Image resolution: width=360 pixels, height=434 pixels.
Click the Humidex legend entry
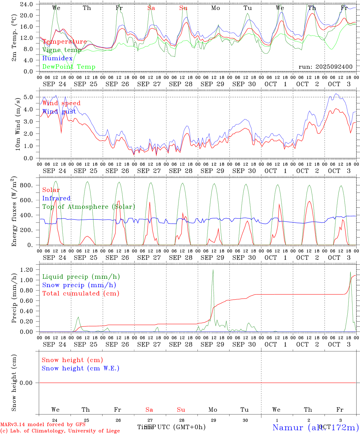point(57,58)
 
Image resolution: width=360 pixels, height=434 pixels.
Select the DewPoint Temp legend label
point(69,67)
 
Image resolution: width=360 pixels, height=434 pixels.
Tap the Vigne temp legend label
point(62,50)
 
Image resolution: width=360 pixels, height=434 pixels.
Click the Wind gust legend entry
point(59,112)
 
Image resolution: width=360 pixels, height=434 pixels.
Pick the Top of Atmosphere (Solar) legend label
point(89,207)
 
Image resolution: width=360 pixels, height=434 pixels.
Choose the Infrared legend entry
point(56,198)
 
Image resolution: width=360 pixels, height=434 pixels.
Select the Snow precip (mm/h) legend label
point(79,285)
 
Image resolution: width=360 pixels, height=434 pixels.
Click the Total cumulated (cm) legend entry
point(81,294)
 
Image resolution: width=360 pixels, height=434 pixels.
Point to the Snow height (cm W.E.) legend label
point(81,368)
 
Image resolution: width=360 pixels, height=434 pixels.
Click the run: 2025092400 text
point(325,67)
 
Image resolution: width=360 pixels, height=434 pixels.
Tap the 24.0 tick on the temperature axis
point(27,4)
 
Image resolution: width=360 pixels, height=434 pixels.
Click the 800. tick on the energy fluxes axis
point(26,185)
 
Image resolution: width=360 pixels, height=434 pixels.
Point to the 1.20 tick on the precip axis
point(27,270)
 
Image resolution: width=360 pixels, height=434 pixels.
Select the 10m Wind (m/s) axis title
point(18,124)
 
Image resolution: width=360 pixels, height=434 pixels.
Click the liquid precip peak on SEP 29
point(213,270)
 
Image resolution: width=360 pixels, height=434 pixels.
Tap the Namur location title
point(315,427)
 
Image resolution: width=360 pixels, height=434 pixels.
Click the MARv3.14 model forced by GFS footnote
point(43,425)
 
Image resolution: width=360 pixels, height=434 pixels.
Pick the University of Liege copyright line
point(60,431)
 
